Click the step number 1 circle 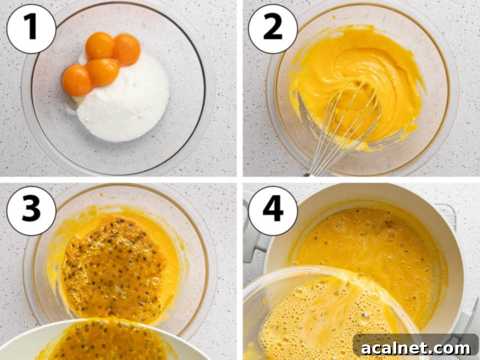point(31,29)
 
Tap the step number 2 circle point(273,29)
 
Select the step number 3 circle point(31,211)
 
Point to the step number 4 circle point(273,211)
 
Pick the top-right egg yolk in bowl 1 point(126,49)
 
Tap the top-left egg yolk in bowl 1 point(100,46)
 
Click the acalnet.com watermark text point(416,348)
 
